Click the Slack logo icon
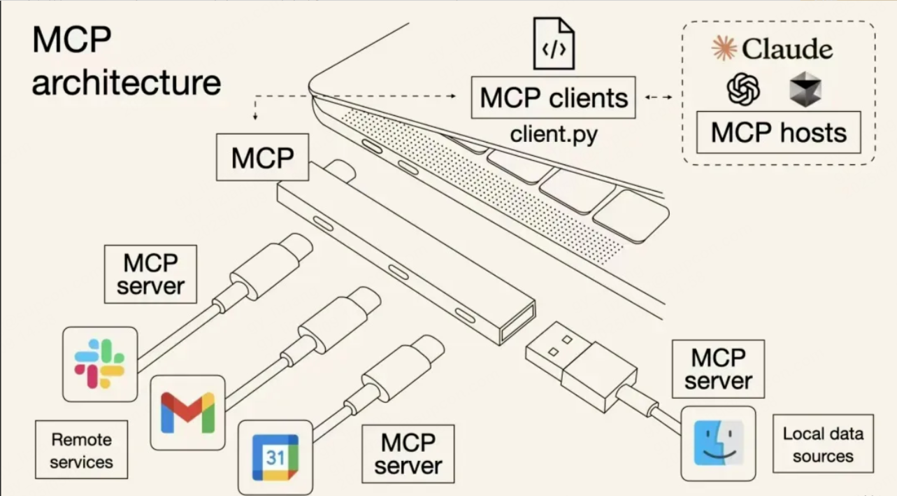tap(99, 364)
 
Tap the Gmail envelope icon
tap(187, 412)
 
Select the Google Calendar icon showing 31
tap(275, 457)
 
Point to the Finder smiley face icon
tap(718, 443)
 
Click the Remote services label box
tap(82, 450)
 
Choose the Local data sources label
tap(823, 444)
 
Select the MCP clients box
tap(554, 98)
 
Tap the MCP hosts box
tap(778, 132)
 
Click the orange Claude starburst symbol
tap(724, 48)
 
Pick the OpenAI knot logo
tap(743, 90)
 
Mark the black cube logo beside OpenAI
tap(805, 90)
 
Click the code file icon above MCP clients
tap(554, 43)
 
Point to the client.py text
tap(554, 134)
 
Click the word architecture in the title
tap(127, 83)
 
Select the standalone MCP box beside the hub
tap(262, 157)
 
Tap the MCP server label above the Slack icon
tap(150, 274)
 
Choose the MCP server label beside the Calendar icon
tap(408, 453)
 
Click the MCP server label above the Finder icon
tap(718, 369)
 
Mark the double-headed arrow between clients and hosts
tap(658, 97)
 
